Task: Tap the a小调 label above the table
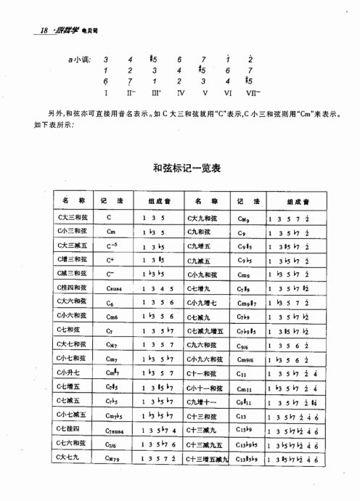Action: (x=81, y=58)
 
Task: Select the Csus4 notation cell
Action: (x=113, y=288)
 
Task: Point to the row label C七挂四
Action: (x=70, y=430)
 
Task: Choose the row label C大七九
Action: (x=70, y=458)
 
